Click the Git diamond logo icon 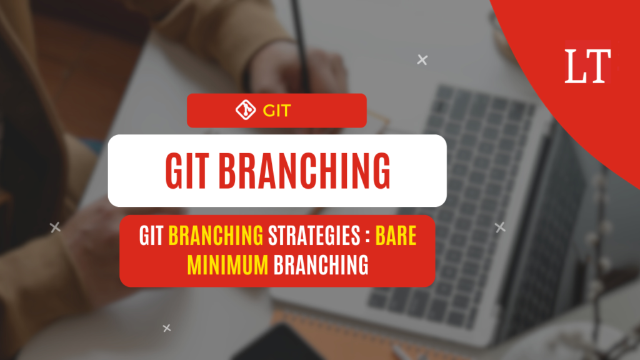pos(246,110)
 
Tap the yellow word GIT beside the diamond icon pos(277,111)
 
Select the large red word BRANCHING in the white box pos(304,171)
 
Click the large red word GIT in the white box pos(187,171)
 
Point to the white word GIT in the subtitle pos(151,236)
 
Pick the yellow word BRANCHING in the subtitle pos(216,236)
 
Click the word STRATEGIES pos(314,236)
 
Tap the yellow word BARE pos(396,236)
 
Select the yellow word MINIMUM pos(227,265)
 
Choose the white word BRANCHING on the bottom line pos(321,265)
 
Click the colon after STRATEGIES pos(367,237)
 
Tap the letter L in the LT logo pos(575,66)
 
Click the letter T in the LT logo pos(598,66)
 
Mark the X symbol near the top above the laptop pos(422,60)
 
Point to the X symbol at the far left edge pos(55,227)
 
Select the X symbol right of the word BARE pos(500,227)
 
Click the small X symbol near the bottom pos(166,327)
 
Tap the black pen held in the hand pos(301,45)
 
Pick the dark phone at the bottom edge pos(277,344)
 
